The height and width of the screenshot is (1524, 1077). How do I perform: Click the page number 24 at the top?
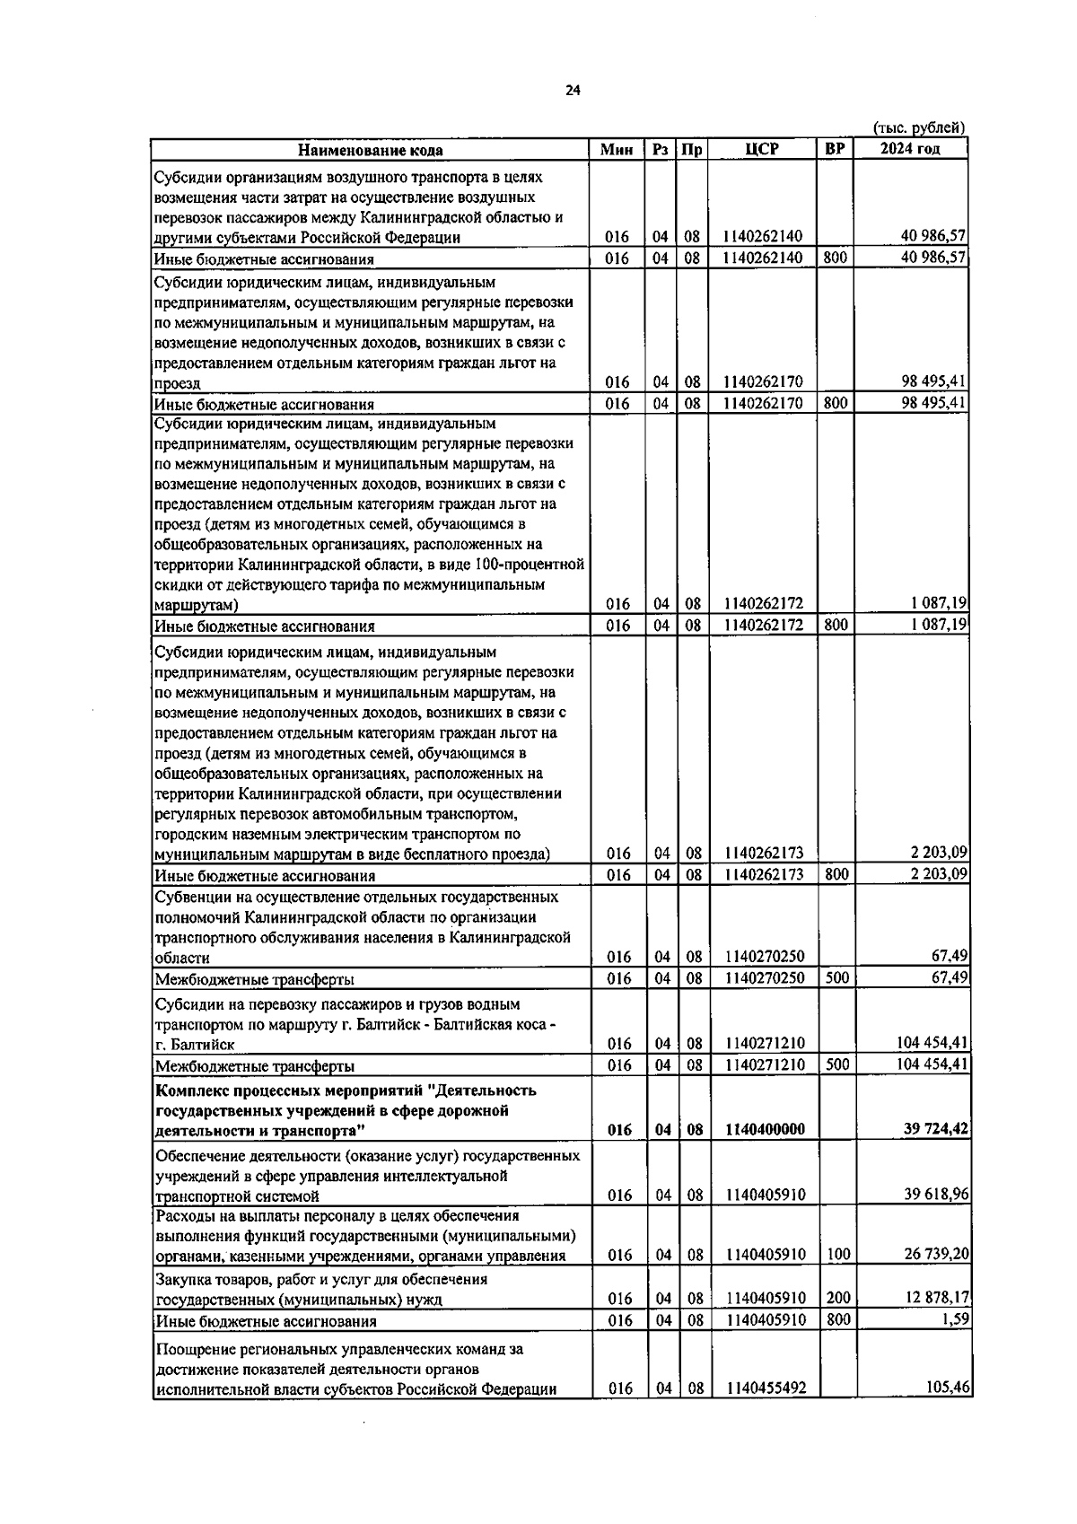pos(574,90)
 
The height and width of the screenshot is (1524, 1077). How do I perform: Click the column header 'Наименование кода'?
pos(370,150)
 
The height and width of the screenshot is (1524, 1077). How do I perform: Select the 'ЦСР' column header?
pos(762,149)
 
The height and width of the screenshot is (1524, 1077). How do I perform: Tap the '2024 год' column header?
pos(910,149)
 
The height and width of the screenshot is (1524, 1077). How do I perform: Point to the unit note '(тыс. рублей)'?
pos(919,128)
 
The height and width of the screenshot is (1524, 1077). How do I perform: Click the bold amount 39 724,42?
pos(935,1129)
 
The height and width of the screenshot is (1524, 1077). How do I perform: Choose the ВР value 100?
pos(838,1255)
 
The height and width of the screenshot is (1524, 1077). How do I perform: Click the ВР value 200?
pos(838,1298)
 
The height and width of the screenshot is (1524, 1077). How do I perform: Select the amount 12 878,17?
pos(936,1298)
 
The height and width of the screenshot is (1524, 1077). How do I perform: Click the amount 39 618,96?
pos(936,1195)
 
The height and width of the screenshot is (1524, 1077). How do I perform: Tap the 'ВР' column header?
pos(835,149)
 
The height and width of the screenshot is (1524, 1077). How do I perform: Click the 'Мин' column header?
pos(617,149)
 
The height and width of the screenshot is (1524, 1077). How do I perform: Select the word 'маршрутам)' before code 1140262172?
pos(196,605)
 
